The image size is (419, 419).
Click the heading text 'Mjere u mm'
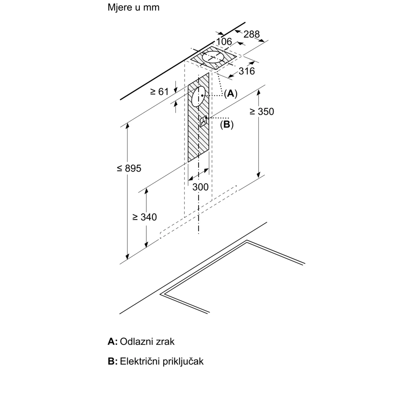133,8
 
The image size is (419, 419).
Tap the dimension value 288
251,34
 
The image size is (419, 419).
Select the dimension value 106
224,42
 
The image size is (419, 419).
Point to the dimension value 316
247,71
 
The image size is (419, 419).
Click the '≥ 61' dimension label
159,92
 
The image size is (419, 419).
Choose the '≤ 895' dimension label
129,168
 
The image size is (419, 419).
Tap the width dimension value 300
200,187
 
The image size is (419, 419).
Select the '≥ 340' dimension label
144,217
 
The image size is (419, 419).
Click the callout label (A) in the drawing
230,93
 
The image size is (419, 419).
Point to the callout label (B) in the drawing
227,124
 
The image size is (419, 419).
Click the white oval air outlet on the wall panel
199,97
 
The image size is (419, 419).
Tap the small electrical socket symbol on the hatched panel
204,122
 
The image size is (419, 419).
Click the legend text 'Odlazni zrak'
147,342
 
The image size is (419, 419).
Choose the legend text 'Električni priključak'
162,361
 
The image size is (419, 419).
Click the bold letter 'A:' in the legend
112,342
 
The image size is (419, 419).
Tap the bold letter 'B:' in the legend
112,361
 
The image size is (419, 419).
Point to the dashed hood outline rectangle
199,212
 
